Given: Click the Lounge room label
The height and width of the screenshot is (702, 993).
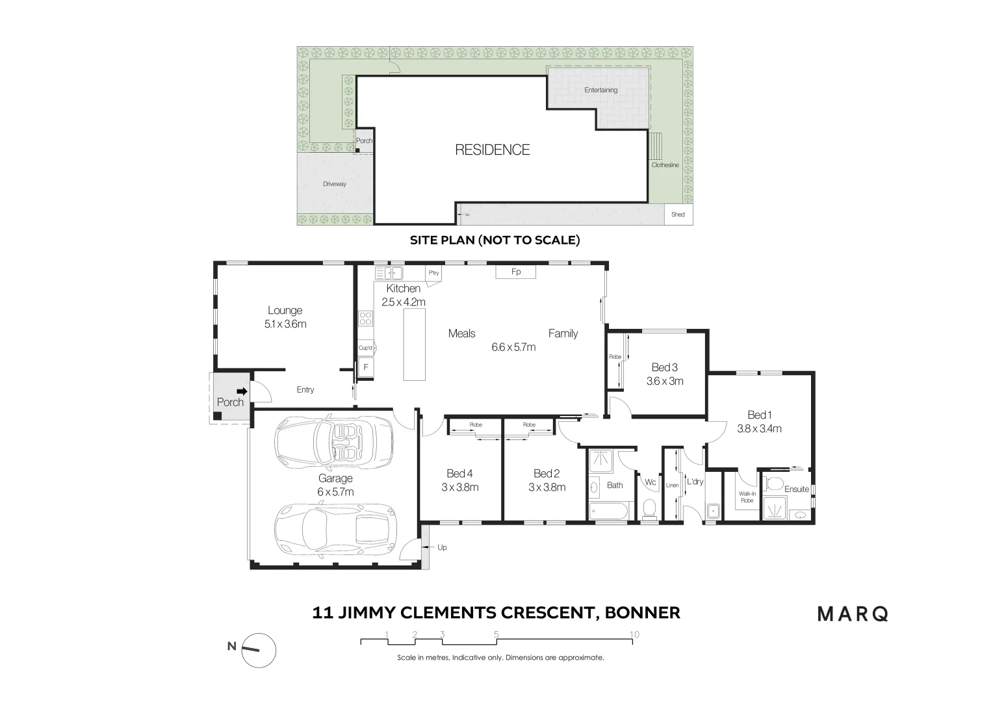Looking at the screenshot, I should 285,311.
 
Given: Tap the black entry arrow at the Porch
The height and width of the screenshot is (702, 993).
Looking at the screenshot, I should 242,391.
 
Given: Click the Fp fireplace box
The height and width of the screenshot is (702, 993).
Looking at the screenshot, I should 516,272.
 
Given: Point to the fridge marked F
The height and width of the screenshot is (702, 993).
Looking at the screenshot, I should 366,367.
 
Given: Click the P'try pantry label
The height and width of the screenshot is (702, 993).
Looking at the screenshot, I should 433,273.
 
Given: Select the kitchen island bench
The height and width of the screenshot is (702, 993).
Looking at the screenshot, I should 414,344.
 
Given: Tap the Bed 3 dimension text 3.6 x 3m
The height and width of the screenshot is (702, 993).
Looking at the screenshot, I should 664,382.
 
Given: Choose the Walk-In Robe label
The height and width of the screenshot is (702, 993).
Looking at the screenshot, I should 747,497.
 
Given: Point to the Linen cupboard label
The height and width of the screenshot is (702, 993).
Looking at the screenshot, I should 672,486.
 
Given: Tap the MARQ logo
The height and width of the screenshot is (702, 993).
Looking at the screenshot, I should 852,614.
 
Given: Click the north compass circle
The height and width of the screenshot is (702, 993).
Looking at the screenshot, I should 259,649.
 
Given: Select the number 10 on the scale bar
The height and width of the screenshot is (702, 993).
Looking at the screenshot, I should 634,634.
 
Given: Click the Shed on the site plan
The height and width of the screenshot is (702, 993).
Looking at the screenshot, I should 678,214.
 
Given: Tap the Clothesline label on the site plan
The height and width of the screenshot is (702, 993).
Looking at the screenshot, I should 665,165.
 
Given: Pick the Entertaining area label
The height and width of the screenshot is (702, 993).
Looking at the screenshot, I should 600,90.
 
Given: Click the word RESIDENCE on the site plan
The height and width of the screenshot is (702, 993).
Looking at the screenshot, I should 492,150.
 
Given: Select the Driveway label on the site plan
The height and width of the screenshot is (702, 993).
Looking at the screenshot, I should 335,184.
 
